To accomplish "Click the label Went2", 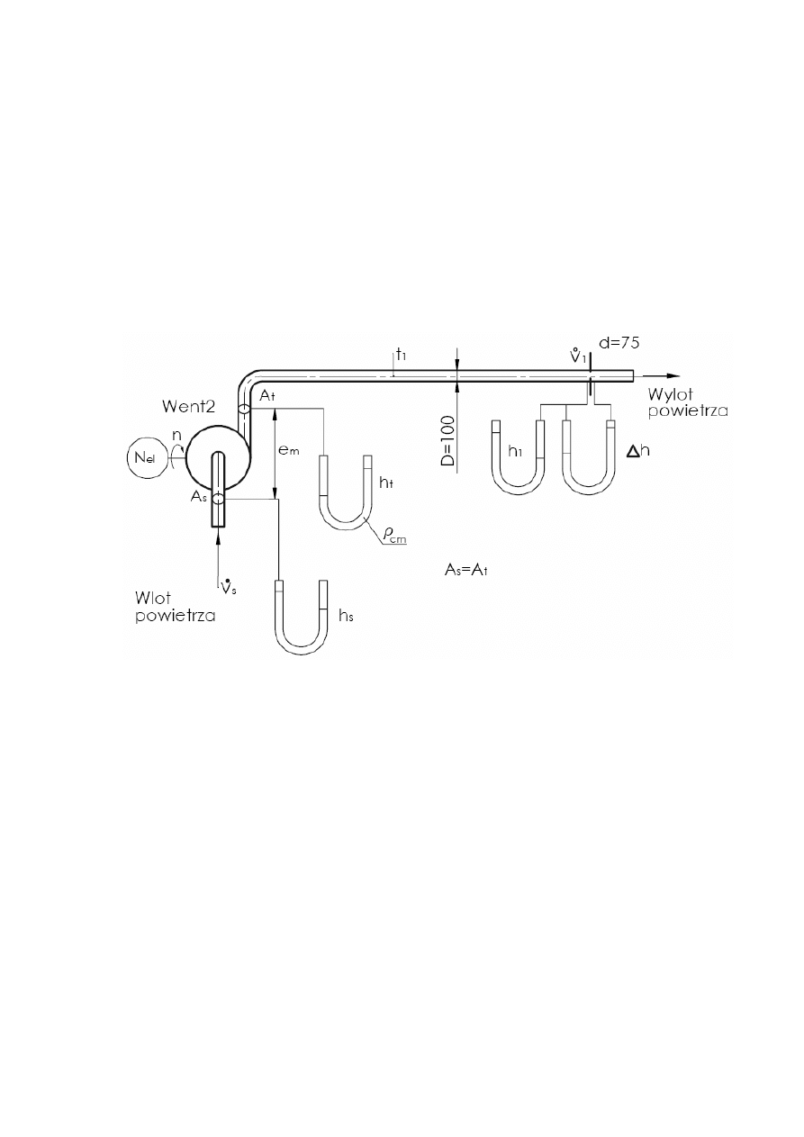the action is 189,406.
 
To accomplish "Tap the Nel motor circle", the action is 143,458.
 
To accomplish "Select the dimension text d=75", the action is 619,343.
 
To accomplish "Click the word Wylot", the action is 671,394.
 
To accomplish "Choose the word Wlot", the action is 153,598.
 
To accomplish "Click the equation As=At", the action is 466,570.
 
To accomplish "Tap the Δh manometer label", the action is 638,451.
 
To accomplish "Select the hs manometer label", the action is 345,615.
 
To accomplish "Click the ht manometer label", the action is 385,483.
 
